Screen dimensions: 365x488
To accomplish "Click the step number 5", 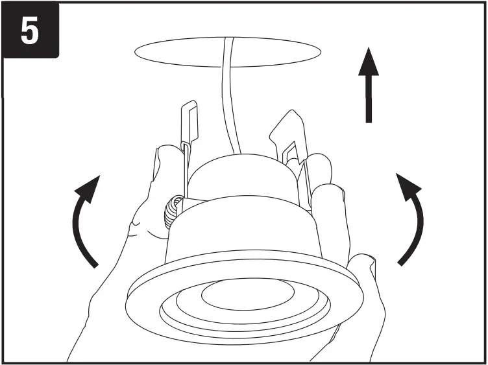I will point(29,31).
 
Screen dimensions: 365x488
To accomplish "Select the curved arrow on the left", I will point(86,220).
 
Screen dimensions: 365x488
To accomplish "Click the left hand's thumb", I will point(140,227).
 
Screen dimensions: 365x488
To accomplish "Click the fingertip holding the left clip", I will point(165,156).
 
